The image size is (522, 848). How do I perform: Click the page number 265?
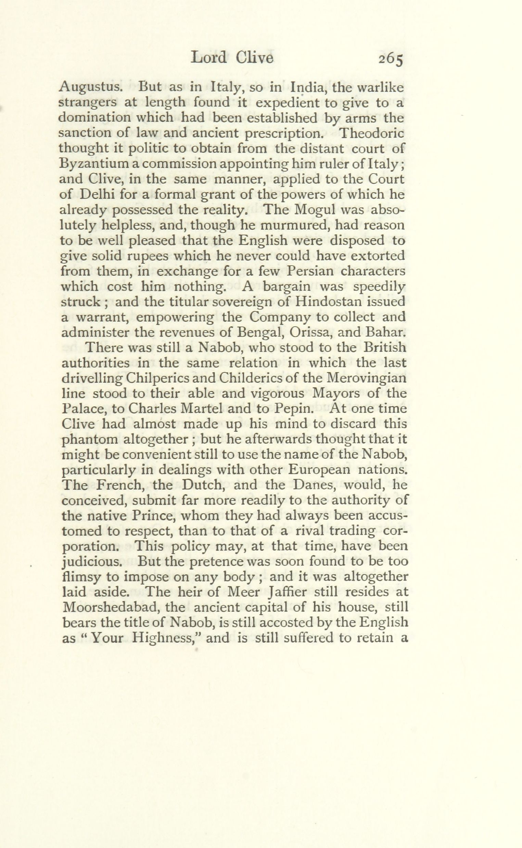tap(391, 59)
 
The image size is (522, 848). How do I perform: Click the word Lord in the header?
tap(208, 57)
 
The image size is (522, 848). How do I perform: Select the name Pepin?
tap(294, 409)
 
